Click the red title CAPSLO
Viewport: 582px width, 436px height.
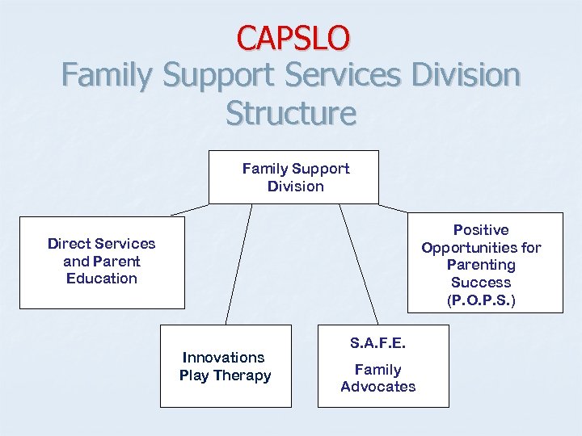tap(293, 37)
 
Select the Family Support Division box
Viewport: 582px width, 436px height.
tap(293, 177)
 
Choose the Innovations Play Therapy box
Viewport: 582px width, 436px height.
tap(225, 366)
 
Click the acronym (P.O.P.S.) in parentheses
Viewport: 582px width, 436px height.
tap(480, 300)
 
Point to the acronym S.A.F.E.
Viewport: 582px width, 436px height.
tap(377, 343)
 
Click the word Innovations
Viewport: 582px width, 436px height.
tap(224, 357)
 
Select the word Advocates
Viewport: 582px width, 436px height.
tap(377, 387)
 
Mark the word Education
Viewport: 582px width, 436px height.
tap(102, 279)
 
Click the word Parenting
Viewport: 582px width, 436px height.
tap(480, 265)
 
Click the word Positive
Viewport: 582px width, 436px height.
tap(480, 230)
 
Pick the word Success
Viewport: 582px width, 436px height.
tap(480, 283)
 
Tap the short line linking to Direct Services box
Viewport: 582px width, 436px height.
tap(189, 210)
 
